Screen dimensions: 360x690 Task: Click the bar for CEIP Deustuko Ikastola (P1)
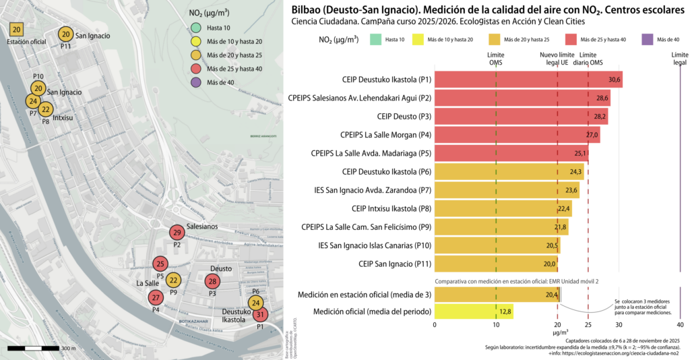[x=528, y=80]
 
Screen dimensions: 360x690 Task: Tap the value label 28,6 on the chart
[x=602, y=98]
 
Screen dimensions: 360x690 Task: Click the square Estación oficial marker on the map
[x=18, y=30]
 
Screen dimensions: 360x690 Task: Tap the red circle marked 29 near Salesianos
[x=177, y=233]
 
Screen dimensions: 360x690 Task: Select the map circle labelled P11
[x=65, y=35]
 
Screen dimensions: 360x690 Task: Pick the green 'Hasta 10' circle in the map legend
[x=195, y=27]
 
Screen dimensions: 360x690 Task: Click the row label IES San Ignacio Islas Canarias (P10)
[x=375, y=245]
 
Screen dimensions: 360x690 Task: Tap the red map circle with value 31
[x=261, y=314]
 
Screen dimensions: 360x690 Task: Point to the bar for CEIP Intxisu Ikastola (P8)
[x=503, y=208]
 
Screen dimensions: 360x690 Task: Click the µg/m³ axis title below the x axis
[x=560, y=332]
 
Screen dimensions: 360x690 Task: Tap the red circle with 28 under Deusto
[x=212, y=281]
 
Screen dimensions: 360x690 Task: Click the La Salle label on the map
[x=148, y=283]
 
